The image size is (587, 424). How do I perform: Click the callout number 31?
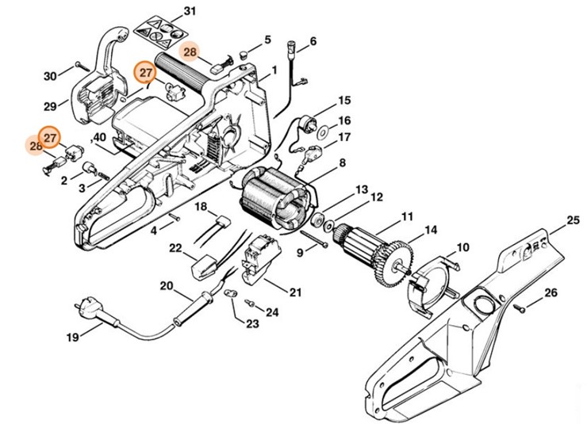(189, 11)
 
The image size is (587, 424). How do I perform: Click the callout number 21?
(295, 292)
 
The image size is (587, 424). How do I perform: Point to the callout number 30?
(50, 76)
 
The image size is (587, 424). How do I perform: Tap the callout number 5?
(267, 39)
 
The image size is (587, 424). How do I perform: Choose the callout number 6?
(313, 41)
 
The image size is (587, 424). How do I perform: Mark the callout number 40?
(100, 137)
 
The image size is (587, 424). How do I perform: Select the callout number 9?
(300, 252)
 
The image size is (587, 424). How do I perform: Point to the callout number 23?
(252, 324)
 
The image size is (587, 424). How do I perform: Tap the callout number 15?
(344, 101)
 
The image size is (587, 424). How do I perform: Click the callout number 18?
(201, 207)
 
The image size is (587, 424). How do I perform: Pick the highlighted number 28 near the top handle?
(190, 52)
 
